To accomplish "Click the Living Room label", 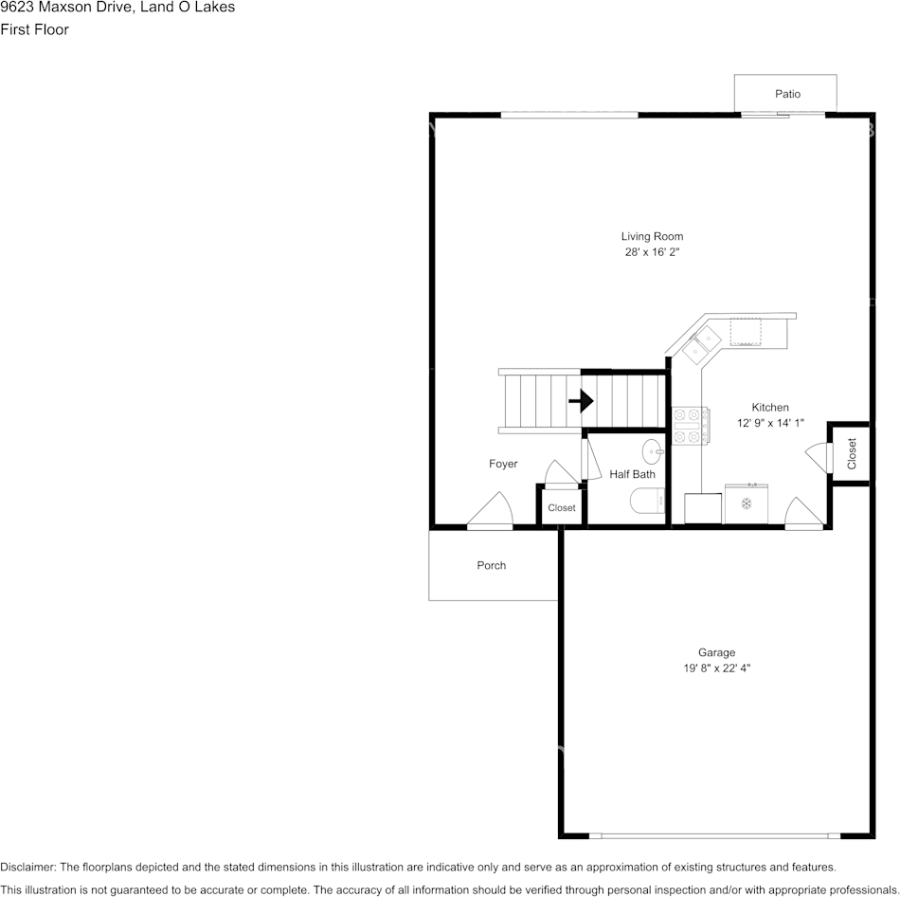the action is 652,236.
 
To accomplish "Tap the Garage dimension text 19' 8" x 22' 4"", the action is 717,668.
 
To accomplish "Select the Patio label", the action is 787,94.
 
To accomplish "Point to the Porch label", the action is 492,565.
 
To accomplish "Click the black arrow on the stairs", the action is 581,400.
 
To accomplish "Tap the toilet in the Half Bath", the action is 647,501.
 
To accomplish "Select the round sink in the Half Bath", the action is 653,451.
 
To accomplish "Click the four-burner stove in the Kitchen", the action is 691,425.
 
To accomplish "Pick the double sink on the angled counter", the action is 701,344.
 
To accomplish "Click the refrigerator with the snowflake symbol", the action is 747,503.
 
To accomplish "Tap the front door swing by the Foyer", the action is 490,509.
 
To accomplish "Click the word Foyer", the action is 503,464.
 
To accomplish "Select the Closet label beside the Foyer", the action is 562,508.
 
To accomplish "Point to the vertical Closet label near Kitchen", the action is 852,453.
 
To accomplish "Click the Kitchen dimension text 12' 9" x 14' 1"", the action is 770,423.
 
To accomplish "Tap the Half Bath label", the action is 632,474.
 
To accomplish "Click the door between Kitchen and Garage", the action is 804,512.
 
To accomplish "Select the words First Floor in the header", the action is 34,29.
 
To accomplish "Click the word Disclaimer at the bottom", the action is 27,867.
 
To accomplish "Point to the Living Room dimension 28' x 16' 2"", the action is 652,251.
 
